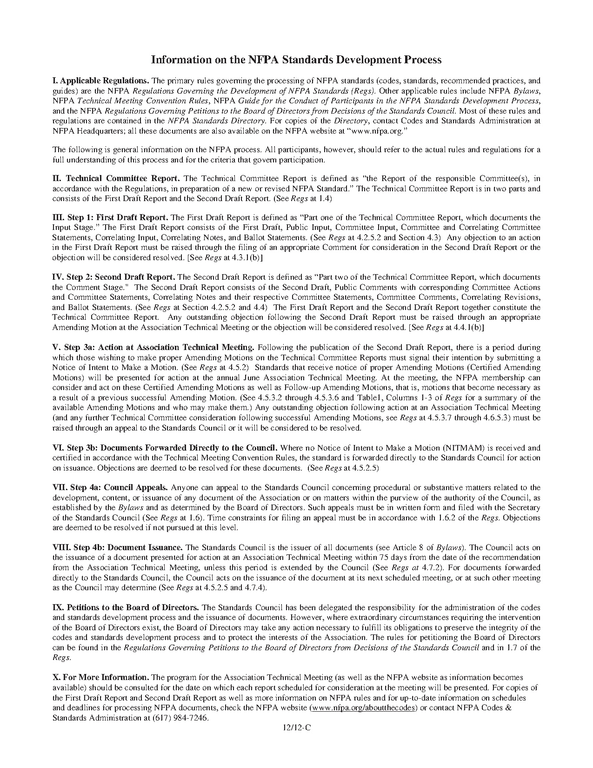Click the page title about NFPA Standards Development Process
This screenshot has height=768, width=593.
point(296,60)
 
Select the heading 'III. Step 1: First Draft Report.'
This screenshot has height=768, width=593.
point(110,217)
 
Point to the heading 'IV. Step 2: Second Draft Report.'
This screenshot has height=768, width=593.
point(113,277)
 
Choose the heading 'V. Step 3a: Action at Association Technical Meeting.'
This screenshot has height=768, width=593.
point(153,347)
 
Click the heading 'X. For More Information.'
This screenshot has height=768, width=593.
point(100,677)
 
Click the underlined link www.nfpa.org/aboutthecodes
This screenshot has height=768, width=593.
point(363,708)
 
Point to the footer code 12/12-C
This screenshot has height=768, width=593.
point(296,728)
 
